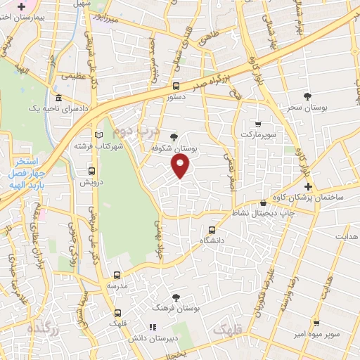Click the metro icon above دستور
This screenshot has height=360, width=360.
[176, 86]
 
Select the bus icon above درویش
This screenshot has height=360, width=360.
[91, 170]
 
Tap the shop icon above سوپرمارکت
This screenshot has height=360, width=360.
[258, 122]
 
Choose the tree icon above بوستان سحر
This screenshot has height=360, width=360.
[307, 96]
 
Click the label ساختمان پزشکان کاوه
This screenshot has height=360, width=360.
[312, 198]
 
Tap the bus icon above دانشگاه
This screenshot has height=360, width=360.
[213, 229]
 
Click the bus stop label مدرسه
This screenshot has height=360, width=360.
[117, 286]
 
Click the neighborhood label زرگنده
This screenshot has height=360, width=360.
[40, 328]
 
